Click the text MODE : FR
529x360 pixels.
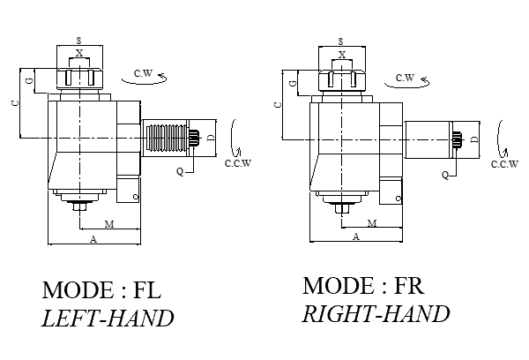361,287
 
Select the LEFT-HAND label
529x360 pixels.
108,318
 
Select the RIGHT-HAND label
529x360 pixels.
376,313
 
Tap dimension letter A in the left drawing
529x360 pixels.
93,239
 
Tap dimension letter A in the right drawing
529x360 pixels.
355,236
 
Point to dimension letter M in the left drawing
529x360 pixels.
108,224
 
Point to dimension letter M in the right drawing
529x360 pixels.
371,223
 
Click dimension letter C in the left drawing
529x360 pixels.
15,103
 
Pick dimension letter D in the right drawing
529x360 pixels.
473,139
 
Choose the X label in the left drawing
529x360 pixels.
80,54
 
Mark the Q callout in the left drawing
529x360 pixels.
179,171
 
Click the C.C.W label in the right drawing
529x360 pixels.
503,164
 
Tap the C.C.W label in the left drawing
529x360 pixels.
238,162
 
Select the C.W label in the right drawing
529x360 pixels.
405,78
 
